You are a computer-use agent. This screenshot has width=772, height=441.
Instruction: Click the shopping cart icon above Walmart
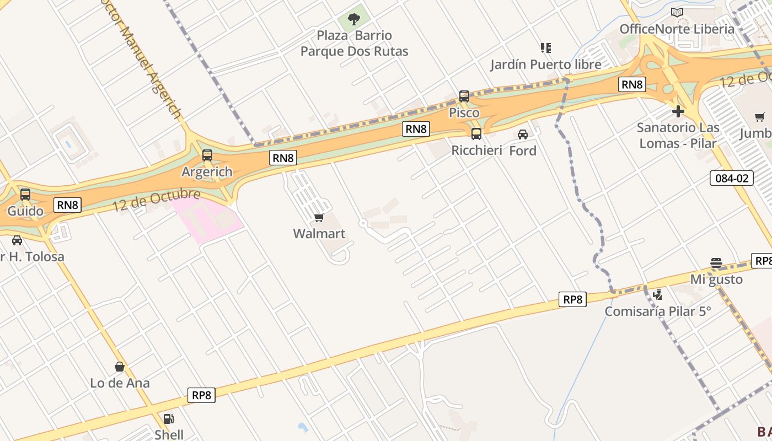(x=319, y=217)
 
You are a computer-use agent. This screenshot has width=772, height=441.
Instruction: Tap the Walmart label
(x=319, y=234)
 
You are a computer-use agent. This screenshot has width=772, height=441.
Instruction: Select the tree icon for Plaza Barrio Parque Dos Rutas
(x=354, y=20)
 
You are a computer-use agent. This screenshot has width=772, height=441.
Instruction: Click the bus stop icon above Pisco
(x=464, y=96)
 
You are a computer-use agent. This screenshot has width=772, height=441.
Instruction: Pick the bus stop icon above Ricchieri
(x=476, y=133)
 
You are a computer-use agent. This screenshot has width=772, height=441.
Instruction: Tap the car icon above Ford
(x=523, y=134)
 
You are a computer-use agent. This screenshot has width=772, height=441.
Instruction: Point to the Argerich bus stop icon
(x=207, y=155)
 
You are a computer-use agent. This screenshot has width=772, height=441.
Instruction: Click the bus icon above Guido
(x=25, y=194)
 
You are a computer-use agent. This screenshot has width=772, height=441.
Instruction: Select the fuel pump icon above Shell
(x=169, y=418)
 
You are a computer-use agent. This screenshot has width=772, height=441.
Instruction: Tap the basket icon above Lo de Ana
(x=120, y=367)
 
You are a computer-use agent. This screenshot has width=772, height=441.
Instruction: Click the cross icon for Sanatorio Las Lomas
(x=678, y=111)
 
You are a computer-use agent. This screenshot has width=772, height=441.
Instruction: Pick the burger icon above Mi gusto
(x=716, y=263)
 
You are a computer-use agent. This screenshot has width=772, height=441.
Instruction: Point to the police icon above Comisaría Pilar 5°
(x=657, y=295)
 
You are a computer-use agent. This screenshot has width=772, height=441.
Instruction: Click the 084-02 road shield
(x=731, y=178)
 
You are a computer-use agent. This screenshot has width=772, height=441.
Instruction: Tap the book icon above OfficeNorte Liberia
(x=677, y=12)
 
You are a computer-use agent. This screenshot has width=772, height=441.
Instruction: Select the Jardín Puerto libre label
(x=546, y=64)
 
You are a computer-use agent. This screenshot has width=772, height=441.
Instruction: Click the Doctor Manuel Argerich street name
(x=149, y=61)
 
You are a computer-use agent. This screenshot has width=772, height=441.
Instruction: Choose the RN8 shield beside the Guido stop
(x=68, y=205)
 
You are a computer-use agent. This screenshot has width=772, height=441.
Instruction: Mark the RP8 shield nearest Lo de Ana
(x=202, y=395)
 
